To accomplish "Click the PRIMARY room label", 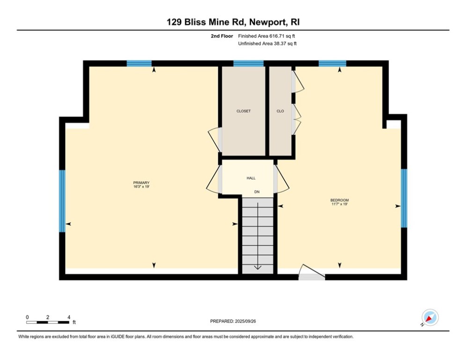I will (141, 182).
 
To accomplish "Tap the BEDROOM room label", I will (340, 200).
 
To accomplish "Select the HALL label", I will (251, 178).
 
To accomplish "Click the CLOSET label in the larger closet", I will (243, 111).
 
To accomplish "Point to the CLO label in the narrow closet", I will (280, 111).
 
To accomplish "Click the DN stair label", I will (257, 192).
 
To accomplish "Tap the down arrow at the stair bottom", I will (257, 267).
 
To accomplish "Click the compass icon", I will (429, 317).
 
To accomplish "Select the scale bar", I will (48, 322).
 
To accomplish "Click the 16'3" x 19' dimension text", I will (141, 187).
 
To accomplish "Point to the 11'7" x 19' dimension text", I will (340, 204).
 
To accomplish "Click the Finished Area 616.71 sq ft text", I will (267, 36).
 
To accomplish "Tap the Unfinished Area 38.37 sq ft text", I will (267, 44).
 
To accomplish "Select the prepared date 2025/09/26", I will (233, 321).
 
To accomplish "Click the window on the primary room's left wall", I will (62, 201).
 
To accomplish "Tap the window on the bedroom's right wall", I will (404, 198).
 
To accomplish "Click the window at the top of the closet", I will (248, 64).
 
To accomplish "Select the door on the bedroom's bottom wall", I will (311, 274).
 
